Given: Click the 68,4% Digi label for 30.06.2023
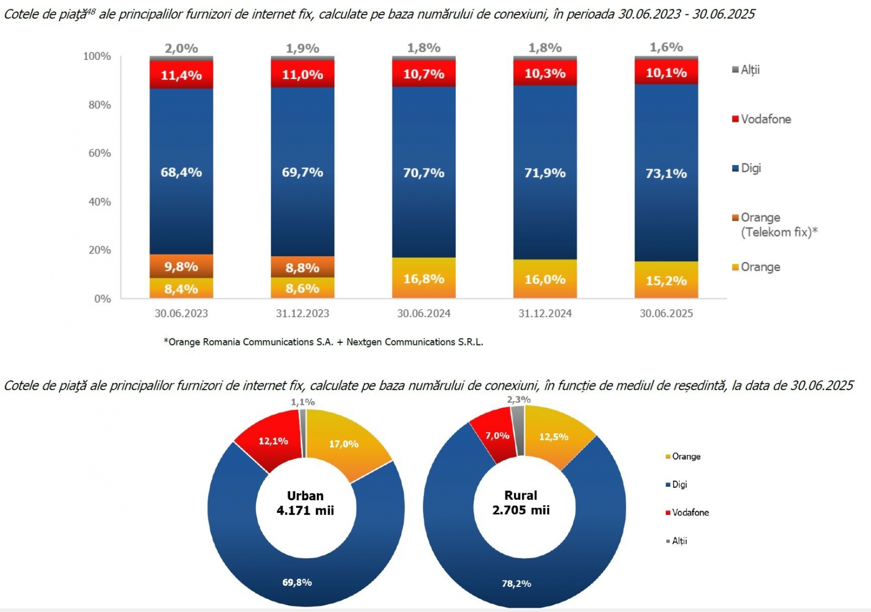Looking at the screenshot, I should pos(181,173).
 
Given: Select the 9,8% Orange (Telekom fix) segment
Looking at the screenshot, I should pos(181,266).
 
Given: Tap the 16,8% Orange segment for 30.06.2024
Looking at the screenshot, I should pos(424,278).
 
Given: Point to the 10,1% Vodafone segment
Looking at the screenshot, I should pos(666,73).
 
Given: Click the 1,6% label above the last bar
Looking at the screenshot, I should pos(666,47).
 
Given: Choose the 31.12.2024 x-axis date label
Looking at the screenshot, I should pos(545,313).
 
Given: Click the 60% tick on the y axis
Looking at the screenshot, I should pos(100,153).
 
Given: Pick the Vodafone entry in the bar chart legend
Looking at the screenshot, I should pos(765,119).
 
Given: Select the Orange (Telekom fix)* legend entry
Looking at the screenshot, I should pos(778,225).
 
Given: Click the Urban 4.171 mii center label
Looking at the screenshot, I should pos(305,503).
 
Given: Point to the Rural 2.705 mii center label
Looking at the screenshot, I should pos(521,502).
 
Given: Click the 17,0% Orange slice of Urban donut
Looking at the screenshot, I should pos(344,444).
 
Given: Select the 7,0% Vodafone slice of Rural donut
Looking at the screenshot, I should pos(497,436).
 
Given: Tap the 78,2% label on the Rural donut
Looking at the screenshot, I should pos(517,584).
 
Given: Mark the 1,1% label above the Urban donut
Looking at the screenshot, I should pos(303,402).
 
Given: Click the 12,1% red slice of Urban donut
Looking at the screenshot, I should pos(273,441).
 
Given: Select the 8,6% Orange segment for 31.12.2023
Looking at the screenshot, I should pos(303,288).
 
